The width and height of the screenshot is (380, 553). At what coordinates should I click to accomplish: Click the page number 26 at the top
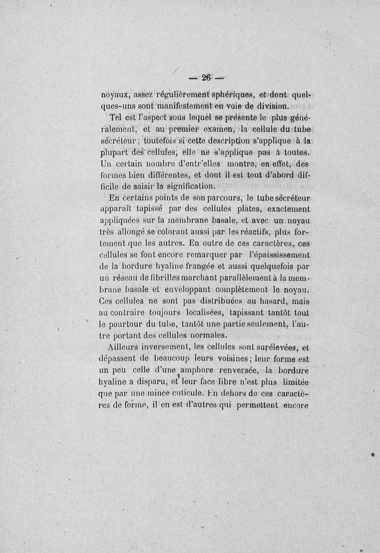[x=206, y=78]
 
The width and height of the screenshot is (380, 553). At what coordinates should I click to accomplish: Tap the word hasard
[x=273, y=301]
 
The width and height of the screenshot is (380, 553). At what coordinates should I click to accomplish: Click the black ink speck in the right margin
[x=373, y=455]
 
